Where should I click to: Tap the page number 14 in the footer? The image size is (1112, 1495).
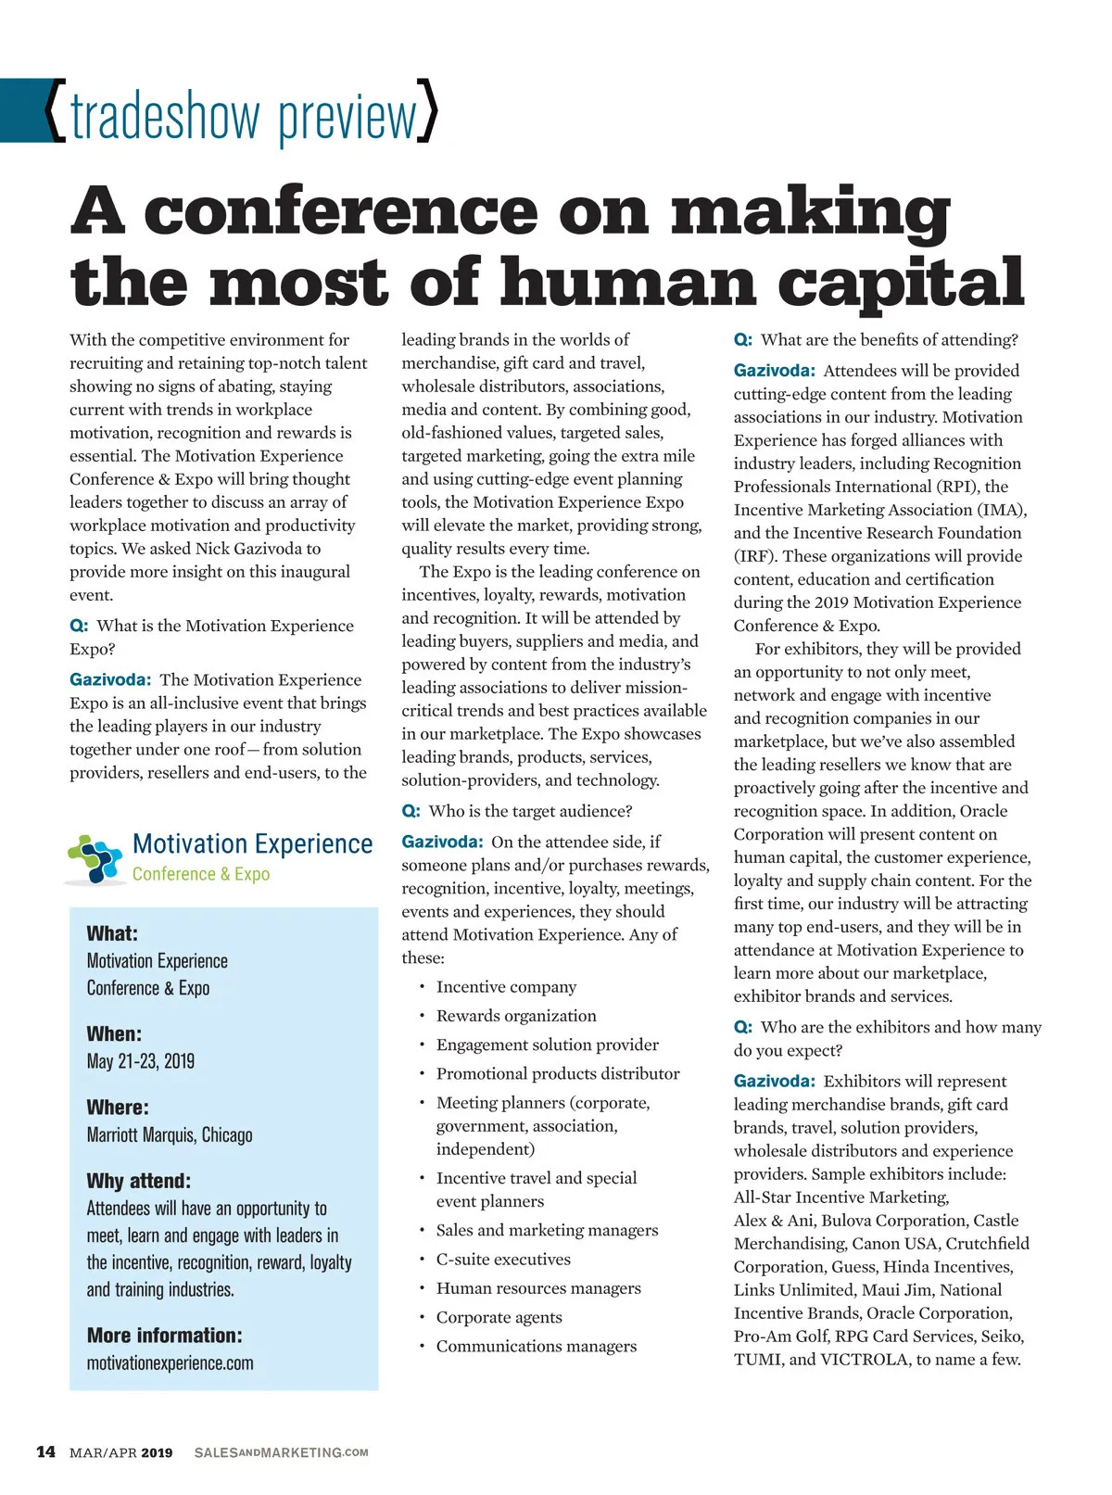[45, 1451]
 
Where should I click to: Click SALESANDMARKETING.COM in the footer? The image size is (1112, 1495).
[281, 1452]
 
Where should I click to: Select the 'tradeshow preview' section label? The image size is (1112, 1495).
[243, 116]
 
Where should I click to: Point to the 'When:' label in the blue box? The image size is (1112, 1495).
[114, 1033]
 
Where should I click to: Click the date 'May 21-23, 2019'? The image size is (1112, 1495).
[141, 1061]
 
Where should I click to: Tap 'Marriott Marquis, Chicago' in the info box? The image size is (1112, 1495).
[170, 1134]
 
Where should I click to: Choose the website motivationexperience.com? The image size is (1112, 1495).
[170, 1362]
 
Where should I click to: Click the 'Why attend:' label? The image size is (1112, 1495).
[138, 1181]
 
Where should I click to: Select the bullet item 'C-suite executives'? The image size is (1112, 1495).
[503, 1259]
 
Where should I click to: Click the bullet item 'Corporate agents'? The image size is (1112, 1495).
[499, 1317]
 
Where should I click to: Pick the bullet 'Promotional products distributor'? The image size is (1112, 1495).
[558, 1073]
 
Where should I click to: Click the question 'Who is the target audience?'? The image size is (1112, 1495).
[530, 811]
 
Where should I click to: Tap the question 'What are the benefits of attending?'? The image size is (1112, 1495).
[889, 339]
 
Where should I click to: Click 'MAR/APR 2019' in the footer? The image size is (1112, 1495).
[120, 1452]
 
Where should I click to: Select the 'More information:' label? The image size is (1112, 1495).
[164, 1335]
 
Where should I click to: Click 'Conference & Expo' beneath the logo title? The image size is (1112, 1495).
[201, 874]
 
